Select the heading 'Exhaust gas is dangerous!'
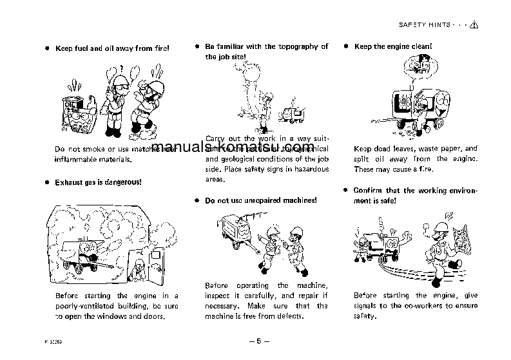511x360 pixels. click(98, 182)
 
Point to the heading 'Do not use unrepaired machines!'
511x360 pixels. click(260, 200)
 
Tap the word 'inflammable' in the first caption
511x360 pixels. click(74, 159)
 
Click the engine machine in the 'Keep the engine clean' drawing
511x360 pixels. click(407, 103)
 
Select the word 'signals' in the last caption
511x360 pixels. click(365, 306)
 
